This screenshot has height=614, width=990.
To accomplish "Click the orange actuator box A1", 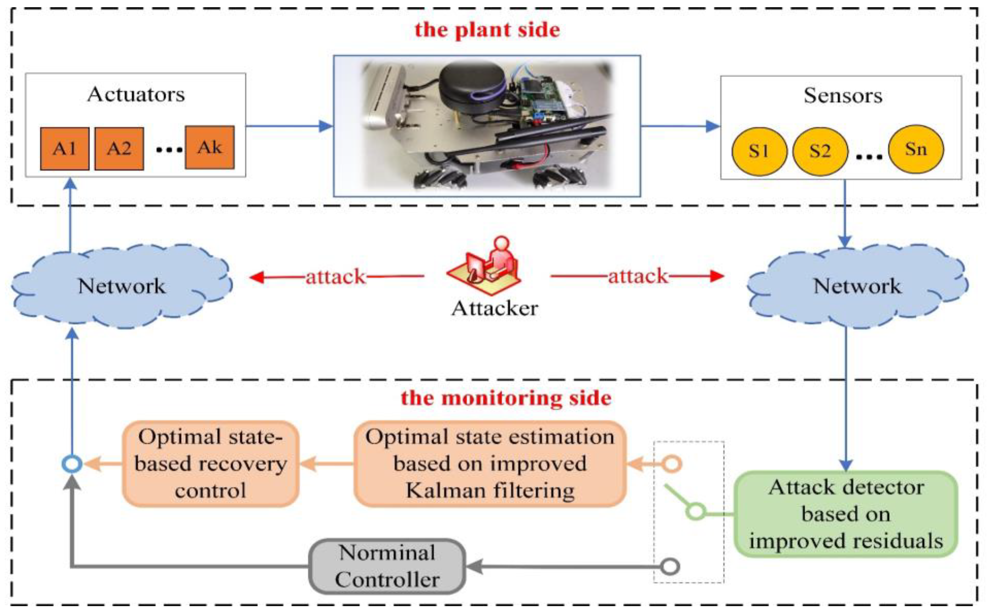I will pyautogui.click(x=65, y=149).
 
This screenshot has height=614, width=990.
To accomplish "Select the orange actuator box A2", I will pyautogui.click(x=119, y=149).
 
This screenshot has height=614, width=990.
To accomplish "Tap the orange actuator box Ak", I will pyautogui.click(x=209, y=147).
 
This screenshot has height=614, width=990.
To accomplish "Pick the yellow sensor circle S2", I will pyautogui.click(x=820, y=151).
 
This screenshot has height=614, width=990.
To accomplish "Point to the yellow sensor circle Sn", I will pyautogui.click(x=915, y=149).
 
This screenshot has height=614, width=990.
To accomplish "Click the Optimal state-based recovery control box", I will pyautogui.click(x=210, y=464).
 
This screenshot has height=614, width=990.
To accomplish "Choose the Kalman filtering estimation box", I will pyautogui.click(x=490, y=464).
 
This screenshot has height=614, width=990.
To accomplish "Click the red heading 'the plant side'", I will pyautogui.click(x=487, y=30).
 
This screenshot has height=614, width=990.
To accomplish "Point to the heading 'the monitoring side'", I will pyautogui.click(x=505, y=398).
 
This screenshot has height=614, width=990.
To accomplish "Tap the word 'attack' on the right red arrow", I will pyautogui.click(x=637, y=276).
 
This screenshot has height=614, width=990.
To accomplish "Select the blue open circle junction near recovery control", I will pyautogui.click(x=72, y=464).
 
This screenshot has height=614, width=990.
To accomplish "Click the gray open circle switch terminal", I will pyautogui.click(x=670, y=566).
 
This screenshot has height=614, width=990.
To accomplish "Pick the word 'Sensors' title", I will pyautogui.click(x=843, y=96).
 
